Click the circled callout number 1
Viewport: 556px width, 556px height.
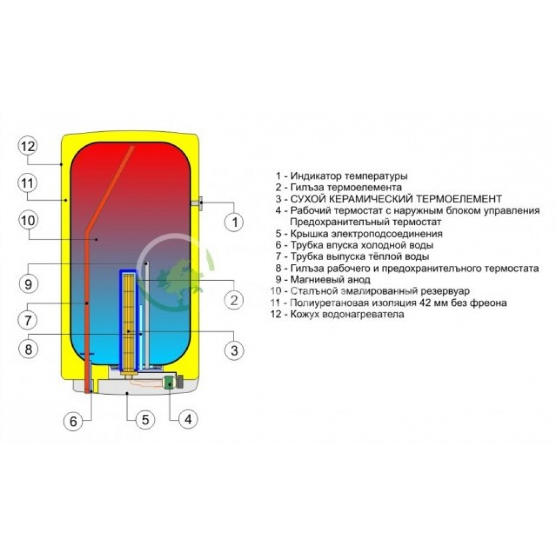[x=235, y=222]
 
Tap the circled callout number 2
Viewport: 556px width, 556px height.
[x=234, y=300]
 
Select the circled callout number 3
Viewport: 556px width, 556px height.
[x=234, y=350]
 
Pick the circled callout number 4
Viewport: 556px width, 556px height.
[x=187, y=420]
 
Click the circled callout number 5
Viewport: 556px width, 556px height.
[x=145, y=420]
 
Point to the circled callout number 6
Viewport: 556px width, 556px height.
[x=73, y=421]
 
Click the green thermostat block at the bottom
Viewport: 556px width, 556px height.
[x=167, y=383]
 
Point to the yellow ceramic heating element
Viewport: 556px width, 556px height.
[x=128, y=322]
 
